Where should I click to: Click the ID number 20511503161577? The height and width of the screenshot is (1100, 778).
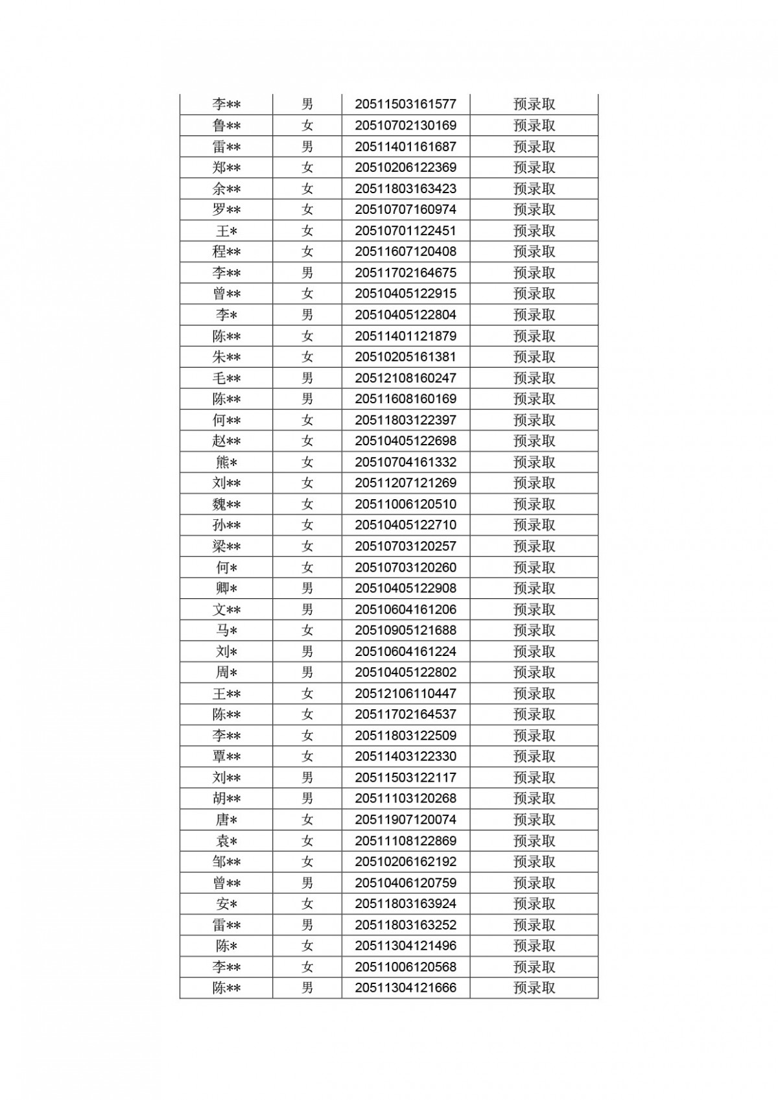405,104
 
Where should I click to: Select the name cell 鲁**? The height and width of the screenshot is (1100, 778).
226,126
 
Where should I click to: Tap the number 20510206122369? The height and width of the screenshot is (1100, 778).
405,168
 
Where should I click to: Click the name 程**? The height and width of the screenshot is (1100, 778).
226,252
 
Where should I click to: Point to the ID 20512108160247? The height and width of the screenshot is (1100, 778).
405,378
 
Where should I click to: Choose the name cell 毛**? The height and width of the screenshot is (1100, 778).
226,378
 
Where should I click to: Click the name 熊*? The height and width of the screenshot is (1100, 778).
226,462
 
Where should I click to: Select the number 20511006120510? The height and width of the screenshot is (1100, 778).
405,504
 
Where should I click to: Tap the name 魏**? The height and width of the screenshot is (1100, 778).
226,504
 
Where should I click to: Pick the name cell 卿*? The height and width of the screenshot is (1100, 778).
226,589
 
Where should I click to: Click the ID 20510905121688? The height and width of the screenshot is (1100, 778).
405,630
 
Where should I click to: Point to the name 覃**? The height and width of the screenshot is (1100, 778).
226,756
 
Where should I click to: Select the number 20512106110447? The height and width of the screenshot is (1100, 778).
405,694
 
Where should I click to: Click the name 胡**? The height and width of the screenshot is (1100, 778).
226,799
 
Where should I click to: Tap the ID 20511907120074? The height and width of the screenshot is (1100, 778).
405,819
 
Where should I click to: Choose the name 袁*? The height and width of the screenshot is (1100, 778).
226,841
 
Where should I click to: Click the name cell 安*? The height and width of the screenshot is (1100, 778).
226,904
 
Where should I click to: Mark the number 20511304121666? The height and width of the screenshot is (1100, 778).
405,988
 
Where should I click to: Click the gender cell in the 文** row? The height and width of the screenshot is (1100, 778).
307,609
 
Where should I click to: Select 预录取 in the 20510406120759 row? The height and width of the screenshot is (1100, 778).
534,883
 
